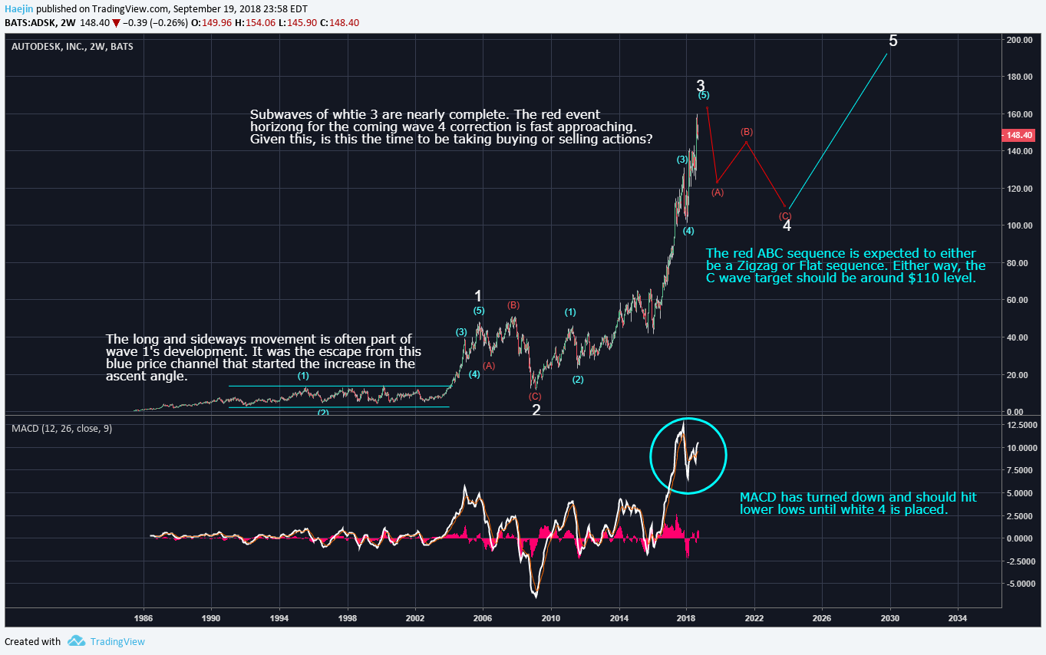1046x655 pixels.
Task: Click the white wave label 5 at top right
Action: coord(893,41)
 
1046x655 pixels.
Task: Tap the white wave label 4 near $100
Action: coord(787,225)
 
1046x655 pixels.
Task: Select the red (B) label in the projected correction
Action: coord(747,132)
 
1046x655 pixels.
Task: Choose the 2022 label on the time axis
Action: coord(754,617)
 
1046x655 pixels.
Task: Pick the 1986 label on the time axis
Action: coord(143,617)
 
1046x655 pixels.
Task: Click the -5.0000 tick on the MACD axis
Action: coord(1021,584)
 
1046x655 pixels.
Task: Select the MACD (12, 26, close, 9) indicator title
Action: coord(61,428)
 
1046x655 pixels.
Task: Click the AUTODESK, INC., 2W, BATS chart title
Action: coord(72,47)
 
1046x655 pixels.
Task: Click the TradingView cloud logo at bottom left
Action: coord(75,641)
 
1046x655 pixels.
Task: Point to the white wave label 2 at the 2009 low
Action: coord(536,410)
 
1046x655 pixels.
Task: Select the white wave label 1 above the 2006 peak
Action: coord(478,296)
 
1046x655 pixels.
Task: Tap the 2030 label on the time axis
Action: coord(889,617)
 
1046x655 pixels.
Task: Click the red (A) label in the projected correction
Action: coord(718,193)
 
